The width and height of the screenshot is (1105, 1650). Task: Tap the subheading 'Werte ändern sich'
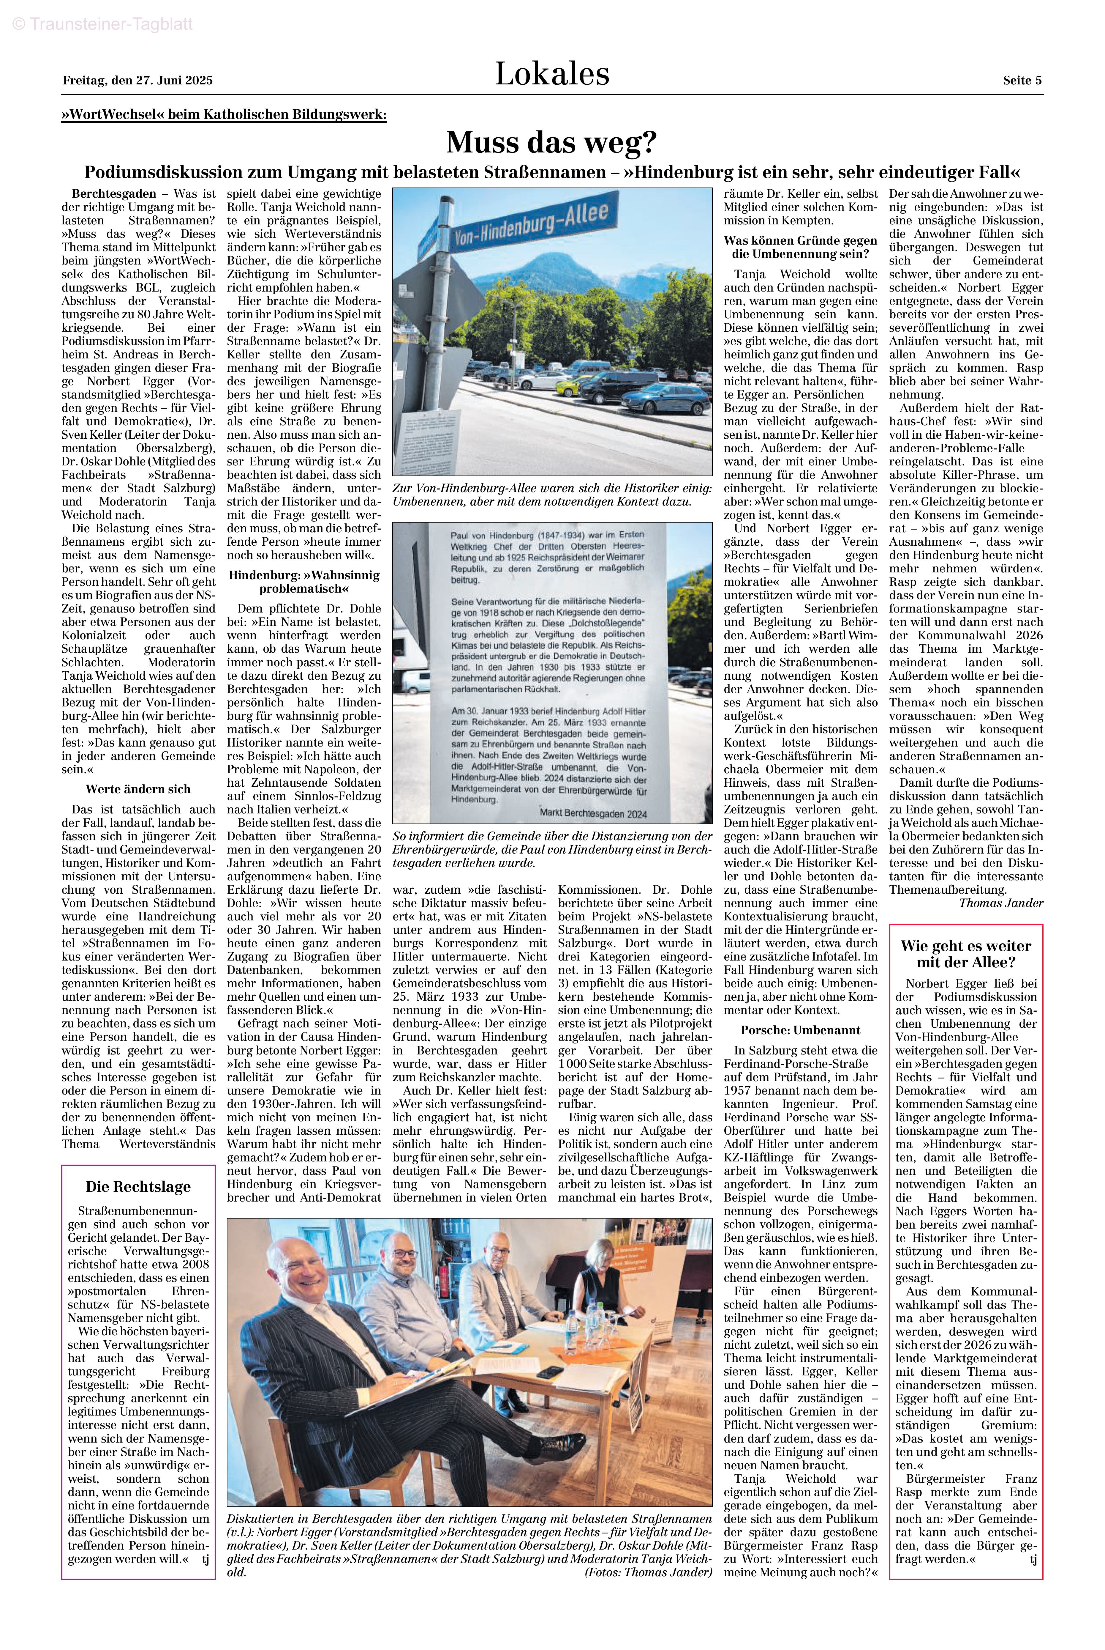point(138,789)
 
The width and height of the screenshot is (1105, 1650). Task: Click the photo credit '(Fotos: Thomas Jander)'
point(648,1572)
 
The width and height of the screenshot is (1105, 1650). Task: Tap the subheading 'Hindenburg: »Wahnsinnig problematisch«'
point(304,582)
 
